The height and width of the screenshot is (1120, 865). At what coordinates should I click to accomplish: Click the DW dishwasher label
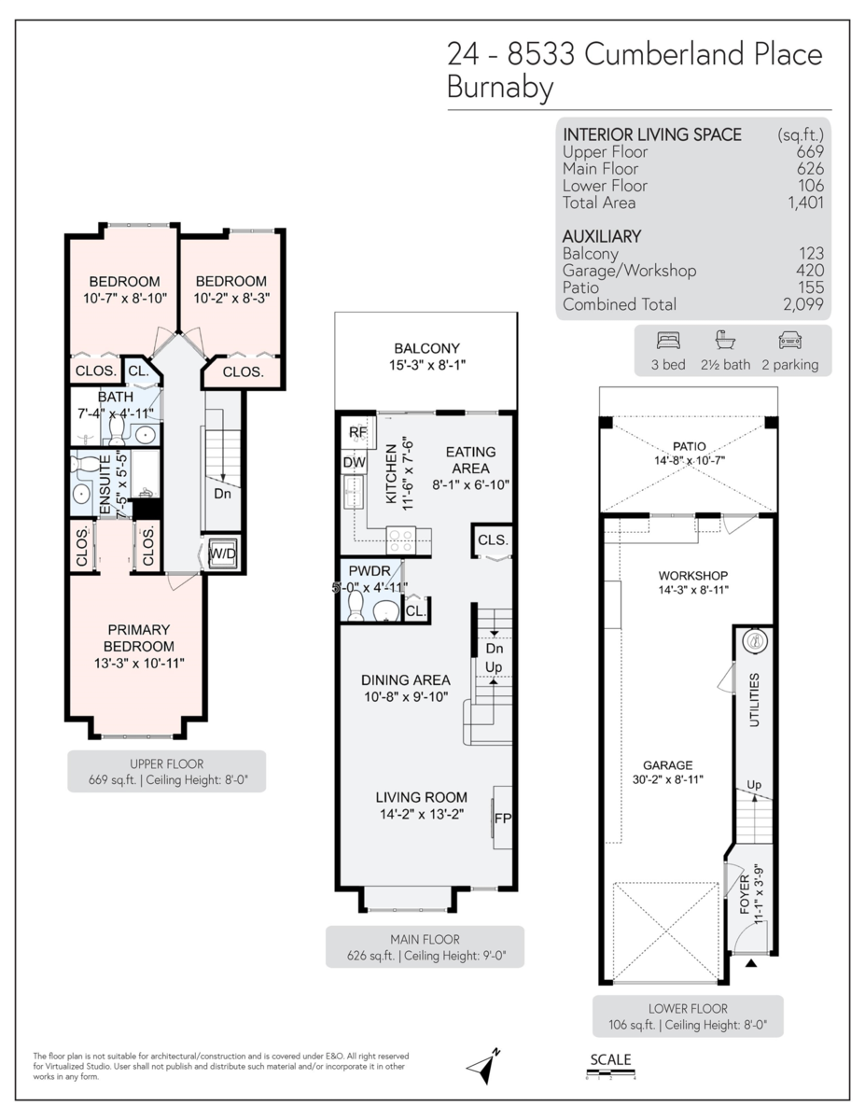tap(355, 462)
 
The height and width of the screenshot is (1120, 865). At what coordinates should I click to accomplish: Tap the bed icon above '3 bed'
tap(668, 341)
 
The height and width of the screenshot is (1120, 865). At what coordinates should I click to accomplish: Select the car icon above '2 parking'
tap(789, 341)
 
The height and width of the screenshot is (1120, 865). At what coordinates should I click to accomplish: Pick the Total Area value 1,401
tap(804, 203)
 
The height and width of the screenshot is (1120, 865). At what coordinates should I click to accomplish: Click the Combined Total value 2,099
tap(803, 304)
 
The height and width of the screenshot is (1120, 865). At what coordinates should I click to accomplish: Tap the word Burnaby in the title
tap(500, 88)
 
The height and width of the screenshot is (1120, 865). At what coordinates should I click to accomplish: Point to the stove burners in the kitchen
tap(401, 539)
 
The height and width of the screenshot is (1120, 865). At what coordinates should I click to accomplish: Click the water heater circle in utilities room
tap(754, 641)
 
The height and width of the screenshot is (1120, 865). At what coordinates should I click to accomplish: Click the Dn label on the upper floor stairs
tap(222, 494)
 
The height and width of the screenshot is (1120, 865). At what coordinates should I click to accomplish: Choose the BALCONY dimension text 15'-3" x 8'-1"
tap(426, 365)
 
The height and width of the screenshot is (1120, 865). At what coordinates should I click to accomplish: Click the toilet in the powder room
tap(355, 608)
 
